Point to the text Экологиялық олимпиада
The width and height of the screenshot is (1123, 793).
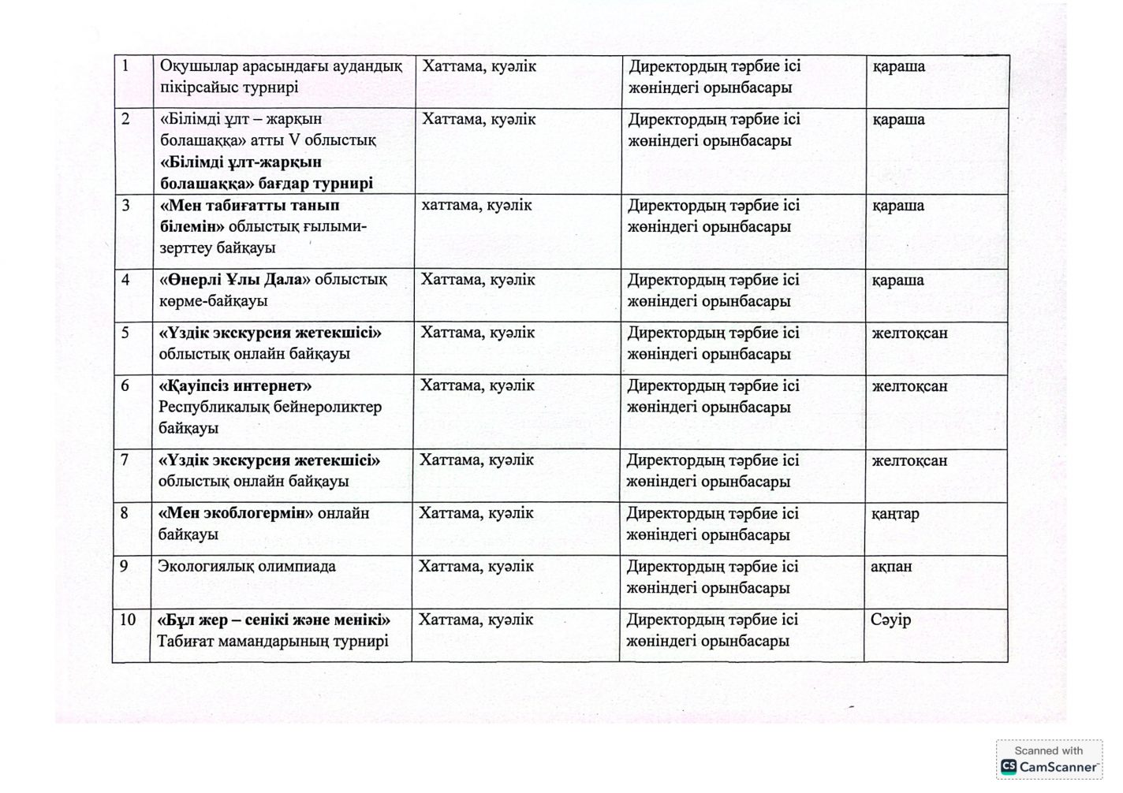[247, 567]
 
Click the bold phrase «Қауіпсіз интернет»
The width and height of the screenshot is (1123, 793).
[235, 386]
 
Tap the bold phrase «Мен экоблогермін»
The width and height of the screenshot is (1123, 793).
[236, 514]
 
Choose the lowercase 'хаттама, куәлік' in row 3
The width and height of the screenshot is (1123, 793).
[477, 206]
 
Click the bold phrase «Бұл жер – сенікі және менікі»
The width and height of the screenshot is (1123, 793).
[274, 620]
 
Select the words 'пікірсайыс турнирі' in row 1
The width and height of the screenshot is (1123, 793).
[229, 87]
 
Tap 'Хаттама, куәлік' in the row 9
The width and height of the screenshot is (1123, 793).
[476, 567]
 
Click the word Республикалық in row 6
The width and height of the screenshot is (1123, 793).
[215, 408]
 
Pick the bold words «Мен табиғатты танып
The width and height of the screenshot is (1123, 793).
[249, 206]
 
